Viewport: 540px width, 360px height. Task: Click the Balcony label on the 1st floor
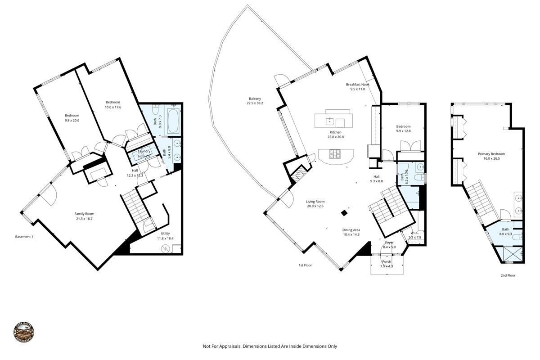pyautogui.click(x=254, y=99)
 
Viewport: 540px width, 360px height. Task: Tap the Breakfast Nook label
pyautogui.click(x=358, y=85)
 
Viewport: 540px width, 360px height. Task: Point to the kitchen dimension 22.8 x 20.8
pyautogui.click(x=336, y=137)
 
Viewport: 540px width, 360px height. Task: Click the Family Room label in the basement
pyautogui.click(x=84, y=214)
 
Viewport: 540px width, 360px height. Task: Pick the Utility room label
pyautogui.click(x=165, y=234)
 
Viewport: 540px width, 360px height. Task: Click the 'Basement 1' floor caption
pyautogui.click(x=24, y=237)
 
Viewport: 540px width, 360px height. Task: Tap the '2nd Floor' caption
pyautogui.click(x=508, y=275)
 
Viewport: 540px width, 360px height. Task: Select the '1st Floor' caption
pyautogui.click(x=305, y=265)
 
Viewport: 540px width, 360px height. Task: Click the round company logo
pyautogui.click(x=24, y=333)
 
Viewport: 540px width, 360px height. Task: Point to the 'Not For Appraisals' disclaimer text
pyautogui.click(x=270, y=346)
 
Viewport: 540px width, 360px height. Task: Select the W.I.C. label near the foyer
pyautogui.click(x=414, y=233)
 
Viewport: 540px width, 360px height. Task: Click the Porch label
pyautogui.click(x=387, y=261)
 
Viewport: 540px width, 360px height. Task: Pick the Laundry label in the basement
pyautogui.click(x=144, y=151)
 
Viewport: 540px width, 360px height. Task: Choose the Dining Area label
pyautogui.click(x=351, y=229)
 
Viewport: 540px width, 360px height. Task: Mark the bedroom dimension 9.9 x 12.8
pyautogui.click(x=403, y=131)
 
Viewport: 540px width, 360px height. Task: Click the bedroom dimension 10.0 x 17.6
pyautogui.click(x=113, y=107)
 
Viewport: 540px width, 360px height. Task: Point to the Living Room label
pyautogui.click(x=315, y=201)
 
